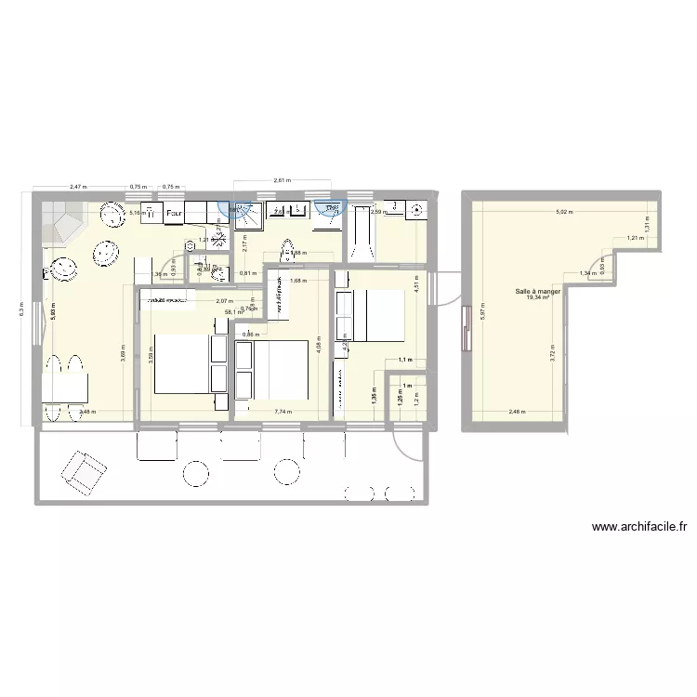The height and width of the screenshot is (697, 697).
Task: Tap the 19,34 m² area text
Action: [538, 298]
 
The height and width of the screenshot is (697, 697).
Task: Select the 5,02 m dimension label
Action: [564, 213]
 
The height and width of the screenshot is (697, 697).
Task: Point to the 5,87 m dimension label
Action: [483, 314]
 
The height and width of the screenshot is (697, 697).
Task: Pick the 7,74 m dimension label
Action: [283, 412]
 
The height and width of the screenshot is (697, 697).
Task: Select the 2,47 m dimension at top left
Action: [77, 187]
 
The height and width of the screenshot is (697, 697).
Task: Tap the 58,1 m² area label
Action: [233, 312]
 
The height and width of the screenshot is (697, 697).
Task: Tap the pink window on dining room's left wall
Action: [464, 326]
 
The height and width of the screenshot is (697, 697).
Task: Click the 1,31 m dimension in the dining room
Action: [645, 224]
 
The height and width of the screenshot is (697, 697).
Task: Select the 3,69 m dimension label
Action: [124, 353]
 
